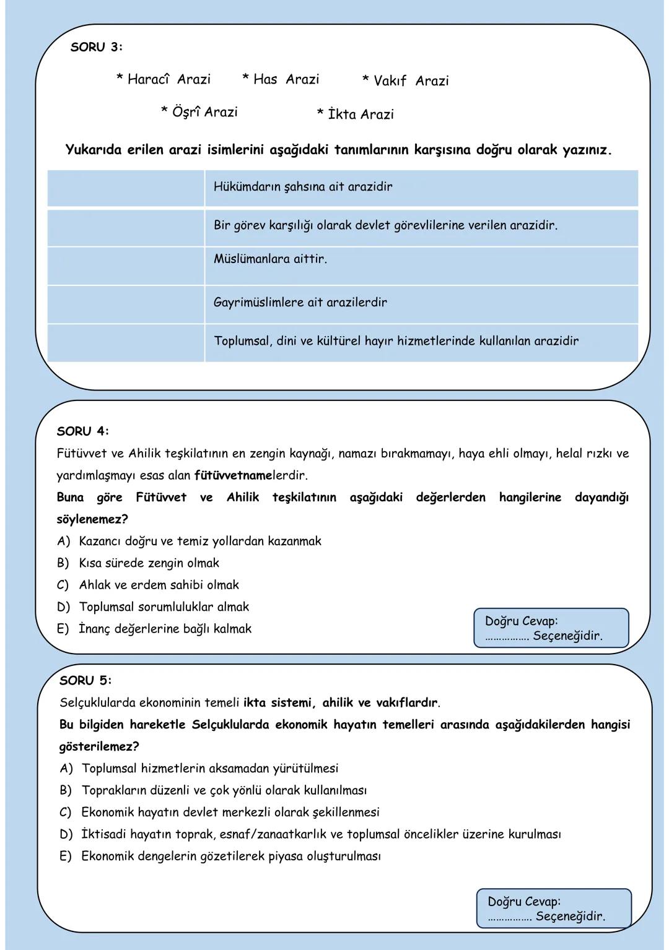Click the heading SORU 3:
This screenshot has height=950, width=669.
pos(96,48)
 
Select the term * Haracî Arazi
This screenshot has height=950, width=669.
pos(164,79)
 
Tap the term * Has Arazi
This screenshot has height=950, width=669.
pos(281,79)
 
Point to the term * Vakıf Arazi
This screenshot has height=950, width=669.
pos(405,81)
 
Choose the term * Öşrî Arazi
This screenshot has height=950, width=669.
pos(199,112)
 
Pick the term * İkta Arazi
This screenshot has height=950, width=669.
pos(355,114)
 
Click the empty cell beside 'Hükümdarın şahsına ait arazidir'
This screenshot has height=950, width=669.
pos(126,188)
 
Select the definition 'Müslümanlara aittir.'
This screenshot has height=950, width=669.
pos(270,259)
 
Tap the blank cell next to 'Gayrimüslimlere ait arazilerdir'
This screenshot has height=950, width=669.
pos(126,303)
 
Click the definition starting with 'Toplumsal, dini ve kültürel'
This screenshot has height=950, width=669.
pos(396,341)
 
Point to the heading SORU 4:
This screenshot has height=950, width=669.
pos(82,431)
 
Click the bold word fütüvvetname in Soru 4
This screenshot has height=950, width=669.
pos(233,476)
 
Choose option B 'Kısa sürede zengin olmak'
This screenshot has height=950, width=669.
pos(149,563)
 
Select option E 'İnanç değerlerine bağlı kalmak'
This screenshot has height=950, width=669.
pos(165,629)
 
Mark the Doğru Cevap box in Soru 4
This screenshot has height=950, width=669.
pos(551,628)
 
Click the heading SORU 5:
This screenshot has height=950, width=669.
pos(85,681)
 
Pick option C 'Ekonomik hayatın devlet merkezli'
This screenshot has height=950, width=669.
pos(230,812)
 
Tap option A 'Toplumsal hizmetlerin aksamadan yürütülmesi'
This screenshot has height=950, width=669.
pos(210,769)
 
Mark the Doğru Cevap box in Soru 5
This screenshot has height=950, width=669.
pos(554,909)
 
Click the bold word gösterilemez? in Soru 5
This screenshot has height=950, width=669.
pos(99,747)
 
